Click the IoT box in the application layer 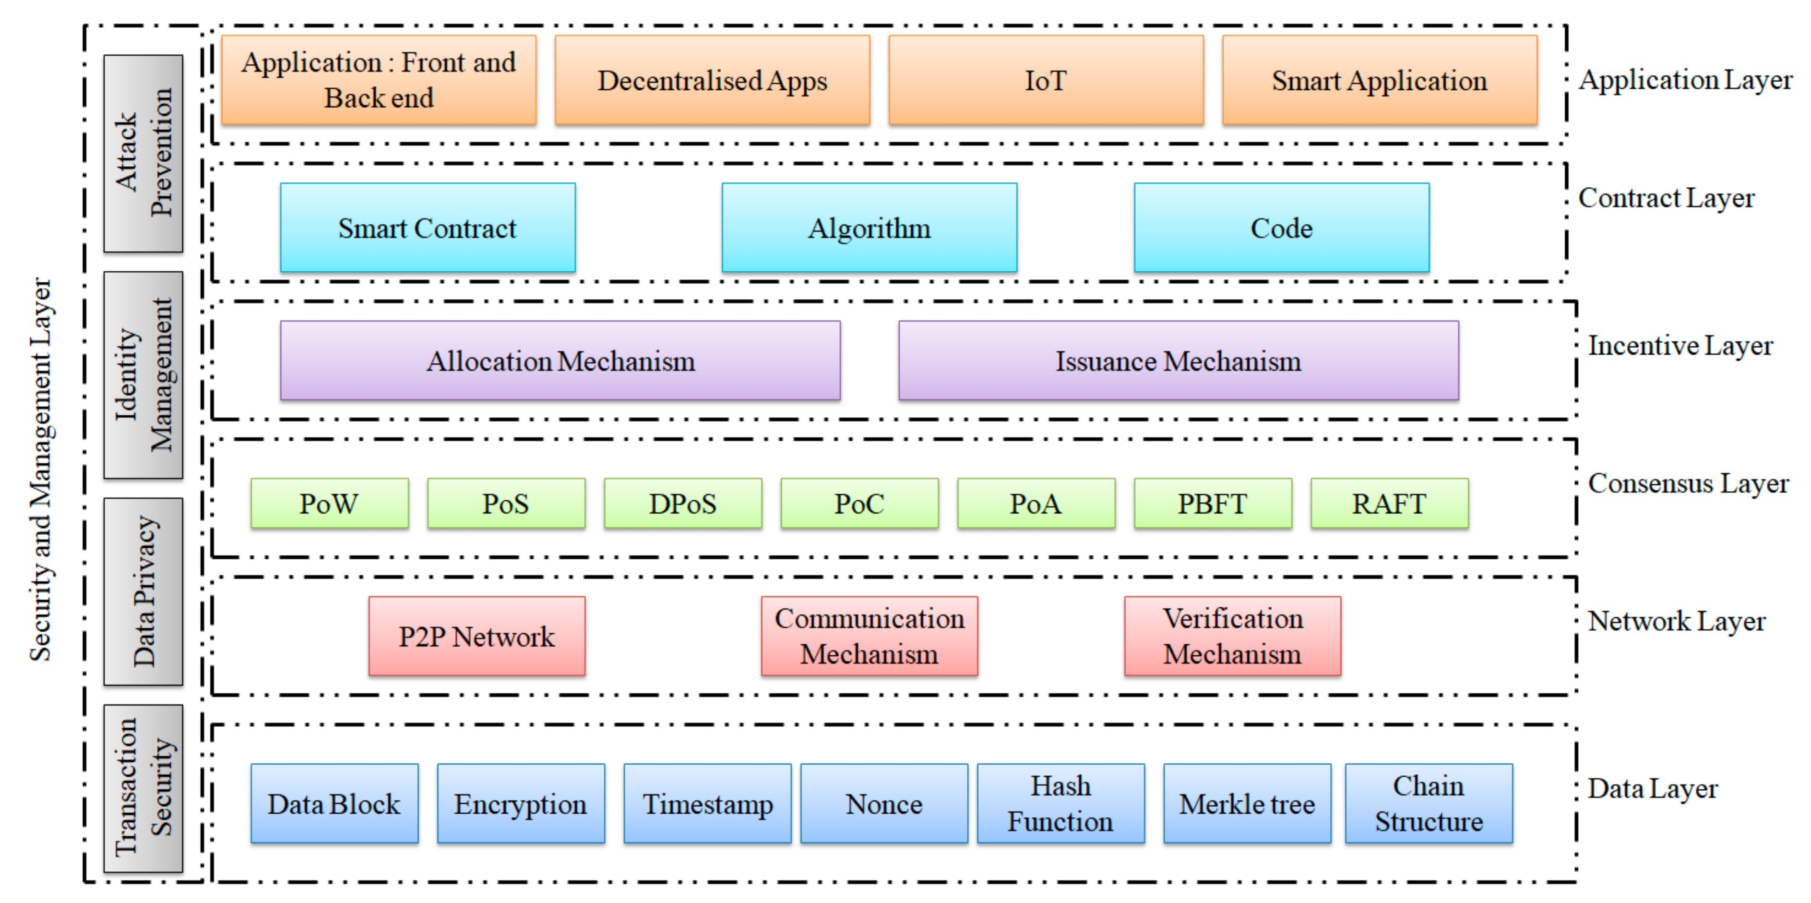click(1046, 80)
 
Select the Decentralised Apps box click(712, 80)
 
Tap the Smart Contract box click(428, 228)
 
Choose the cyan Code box click(1281, 228)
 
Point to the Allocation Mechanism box click(560, 361)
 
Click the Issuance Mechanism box click(1178, 361)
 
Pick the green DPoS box click(683, 504)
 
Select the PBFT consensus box click(1213, 504)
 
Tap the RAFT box click(1389, 504)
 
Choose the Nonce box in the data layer click(884, 804)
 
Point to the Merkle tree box click(1247, 804)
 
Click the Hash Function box click(1060, 804)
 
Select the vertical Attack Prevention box click(143, 153)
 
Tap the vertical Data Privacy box click(143, 591)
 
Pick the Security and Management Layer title click(41, 469)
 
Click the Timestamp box click(707, 804)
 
